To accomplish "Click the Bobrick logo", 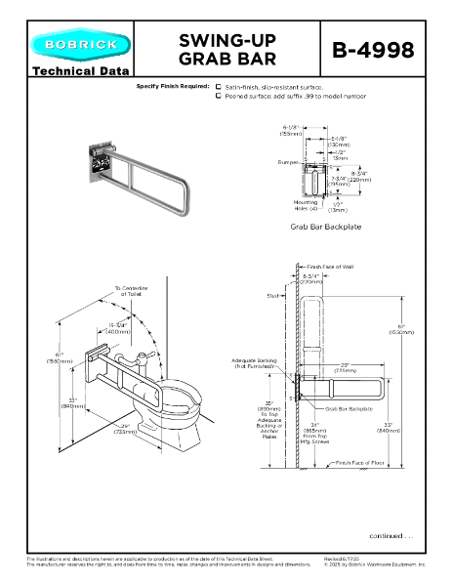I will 77,45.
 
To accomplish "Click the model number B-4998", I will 387,49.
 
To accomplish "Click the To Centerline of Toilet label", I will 130,291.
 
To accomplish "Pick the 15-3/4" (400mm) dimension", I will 120,328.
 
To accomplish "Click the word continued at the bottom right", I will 391,535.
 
